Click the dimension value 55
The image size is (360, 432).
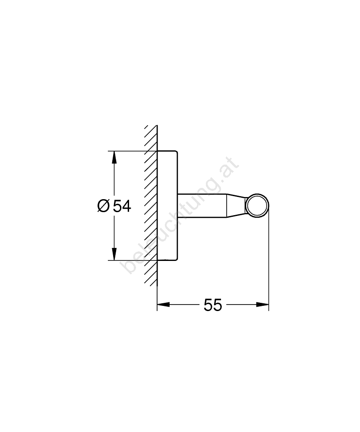[x=213, y=305]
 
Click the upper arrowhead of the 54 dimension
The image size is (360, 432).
[x=114, y=157]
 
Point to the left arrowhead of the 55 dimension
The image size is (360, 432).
[x=163, y=305]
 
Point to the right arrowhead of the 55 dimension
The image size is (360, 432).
[x=262, y=305]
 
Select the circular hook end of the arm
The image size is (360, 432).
[x=257, y=206]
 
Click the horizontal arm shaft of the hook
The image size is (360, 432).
[x=202, y=206]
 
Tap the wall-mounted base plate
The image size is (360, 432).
[x=167, y=206]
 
